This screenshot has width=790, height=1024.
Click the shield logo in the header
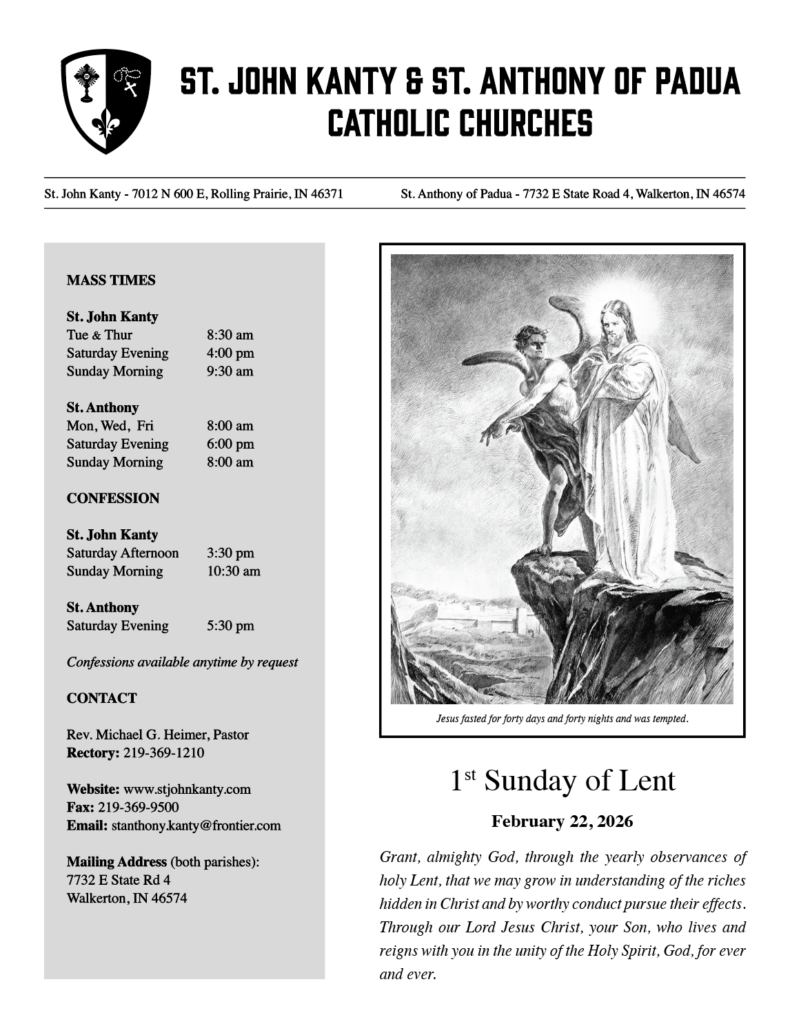pyautogui.click(x=106, y=101)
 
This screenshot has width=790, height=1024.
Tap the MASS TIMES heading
pyautogui.click(x=111, y=280)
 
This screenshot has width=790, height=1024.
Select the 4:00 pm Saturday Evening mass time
pyautogui.click(x=230, y=353)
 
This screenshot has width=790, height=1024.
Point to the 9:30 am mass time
pyautogui.click(x=230, y=371)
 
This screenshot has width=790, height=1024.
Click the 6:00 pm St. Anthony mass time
pyautogui.click(x=230, y=444)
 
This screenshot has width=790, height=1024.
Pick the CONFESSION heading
pyautogui.click(x=113, y=498)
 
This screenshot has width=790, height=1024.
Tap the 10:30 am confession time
pyautogui.click(x=233, y=571)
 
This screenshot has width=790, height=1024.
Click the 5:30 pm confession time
pyautogui.click(x=230, y=626)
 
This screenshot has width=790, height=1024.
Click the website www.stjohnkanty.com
pyautogui.click(x=187, y=789)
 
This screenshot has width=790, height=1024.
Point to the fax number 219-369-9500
pyautogui.click(x=139, y=807)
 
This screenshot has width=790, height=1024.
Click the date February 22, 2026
pyautogui.click(x=562, y=821)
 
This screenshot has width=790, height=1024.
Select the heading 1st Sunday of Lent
pyautogui.click(x=562, y=781)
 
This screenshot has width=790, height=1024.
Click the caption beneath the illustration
pyautogui.click(x=562, y=719)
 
